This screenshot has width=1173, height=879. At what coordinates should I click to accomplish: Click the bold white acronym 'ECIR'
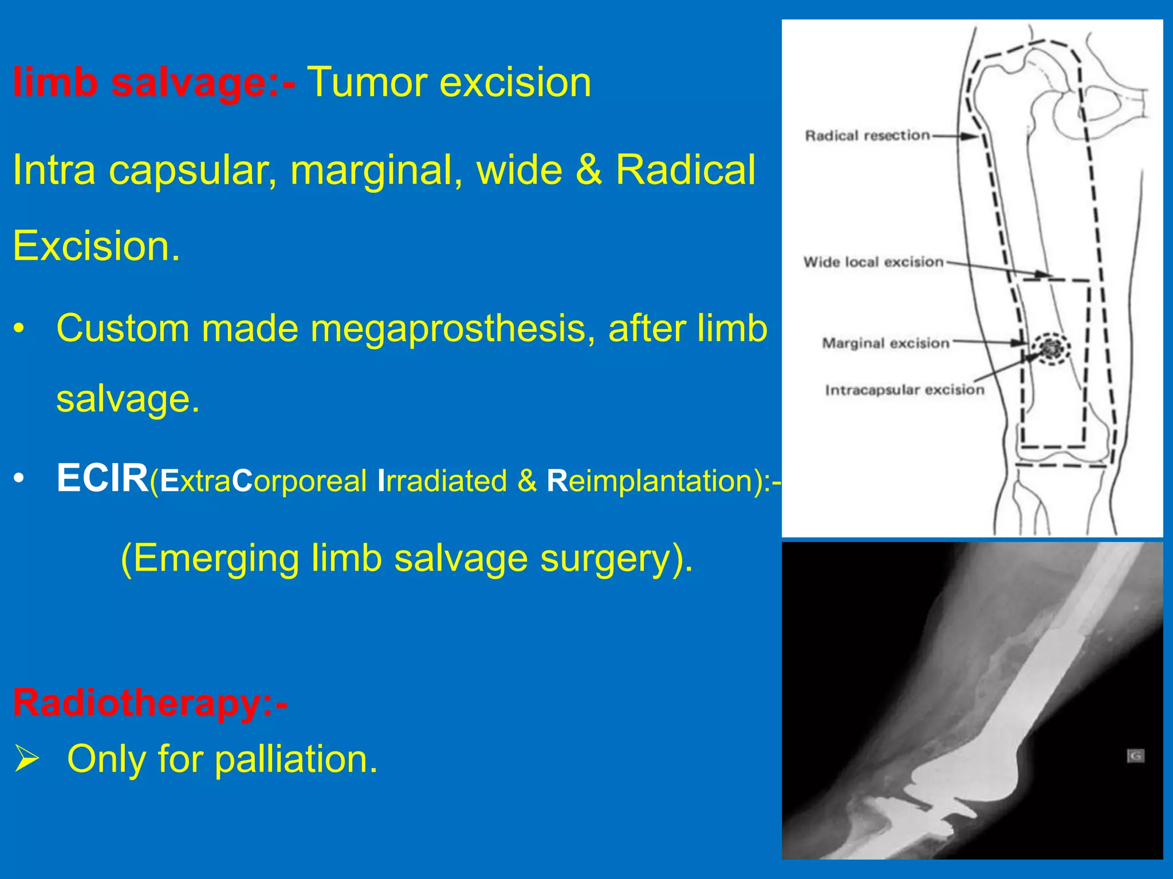(102, 478)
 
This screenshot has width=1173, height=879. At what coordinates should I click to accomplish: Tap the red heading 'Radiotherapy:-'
(150, 703)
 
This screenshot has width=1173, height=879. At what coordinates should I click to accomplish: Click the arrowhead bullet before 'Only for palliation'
(27, 759)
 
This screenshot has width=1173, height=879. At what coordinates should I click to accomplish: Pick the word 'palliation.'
(297, 759)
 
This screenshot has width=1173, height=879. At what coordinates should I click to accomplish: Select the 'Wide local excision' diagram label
(873, 262)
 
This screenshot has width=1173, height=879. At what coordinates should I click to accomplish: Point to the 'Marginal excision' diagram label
(885, 343)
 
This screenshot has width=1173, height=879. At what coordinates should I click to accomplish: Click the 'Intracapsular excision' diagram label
(904, 390)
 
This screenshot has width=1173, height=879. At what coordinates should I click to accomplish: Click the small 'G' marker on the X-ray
(1135, 756)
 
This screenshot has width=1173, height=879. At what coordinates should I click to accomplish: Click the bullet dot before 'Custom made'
(19, 330)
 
